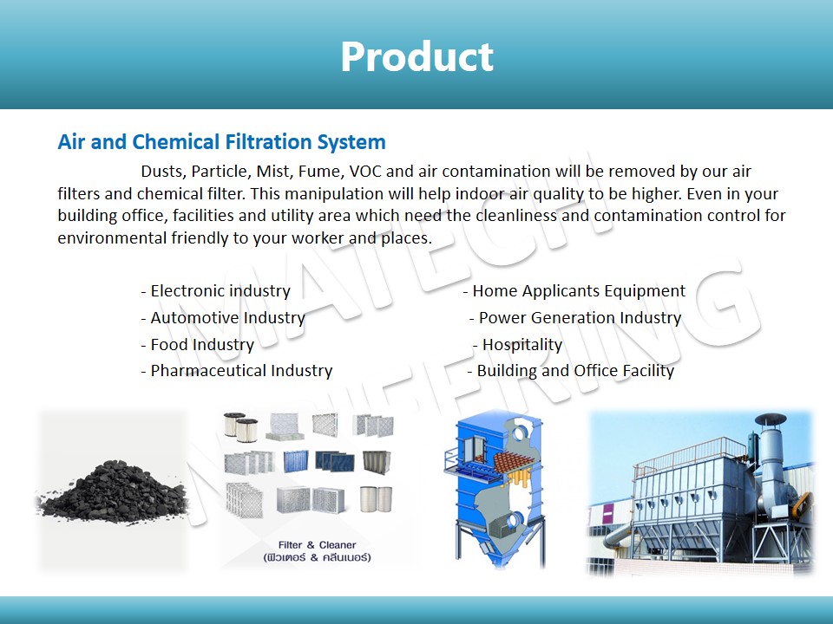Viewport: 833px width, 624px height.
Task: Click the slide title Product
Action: tap(417, 56)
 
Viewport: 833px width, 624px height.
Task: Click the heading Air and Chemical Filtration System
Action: tap(221, 142)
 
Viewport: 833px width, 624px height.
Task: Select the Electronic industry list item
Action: tap(216, 291)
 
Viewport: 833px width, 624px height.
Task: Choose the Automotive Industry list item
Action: tap(223, 318)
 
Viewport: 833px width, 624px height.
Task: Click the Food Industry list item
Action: tap(198, 345)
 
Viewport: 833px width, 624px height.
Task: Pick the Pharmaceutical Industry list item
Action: tap(237, 370)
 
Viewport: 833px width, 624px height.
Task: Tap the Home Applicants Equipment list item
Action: tap(574, 291)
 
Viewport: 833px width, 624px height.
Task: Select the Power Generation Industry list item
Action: tap(575, 318)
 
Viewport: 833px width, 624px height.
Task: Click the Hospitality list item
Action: tap(517, 345)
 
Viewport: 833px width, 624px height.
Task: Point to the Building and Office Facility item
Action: tap(571, 370)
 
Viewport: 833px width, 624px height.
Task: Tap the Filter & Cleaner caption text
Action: tap(318, 545)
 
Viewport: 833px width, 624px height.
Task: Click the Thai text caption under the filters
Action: tap(318, 557)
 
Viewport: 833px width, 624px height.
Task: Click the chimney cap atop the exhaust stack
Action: tap(771, 420)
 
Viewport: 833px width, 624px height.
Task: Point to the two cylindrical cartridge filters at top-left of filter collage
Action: tap(240, 426)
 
